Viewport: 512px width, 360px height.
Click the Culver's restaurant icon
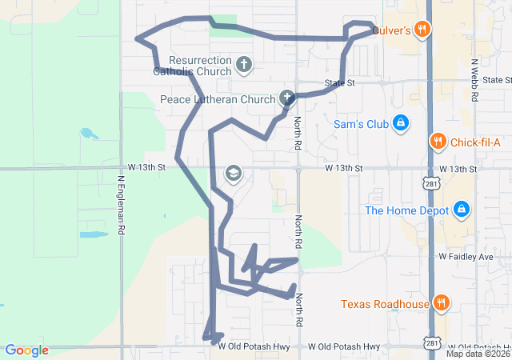click(423, 30)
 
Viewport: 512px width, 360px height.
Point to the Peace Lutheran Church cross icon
click(287, 99)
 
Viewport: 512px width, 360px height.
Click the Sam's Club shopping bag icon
click(402, 124)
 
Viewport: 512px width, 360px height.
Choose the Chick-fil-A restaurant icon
click(437, 142)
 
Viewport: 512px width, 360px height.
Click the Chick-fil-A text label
click(475, 142)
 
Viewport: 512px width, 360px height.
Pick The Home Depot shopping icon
click(462, 210)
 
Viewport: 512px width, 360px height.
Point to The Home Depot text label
click(405, 210)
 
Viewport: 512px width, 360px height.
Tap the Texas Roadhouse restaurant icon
click(441, 303)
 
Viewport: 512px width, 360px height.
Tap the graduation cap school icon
click(233, 174)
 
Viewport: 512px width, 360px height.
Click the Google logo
click(27, 350)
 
